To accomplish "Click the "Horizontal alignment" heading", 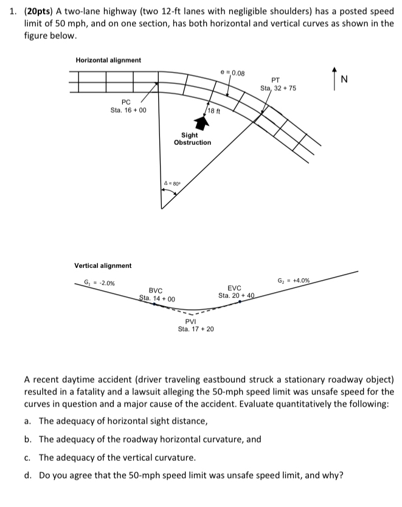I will point(108,60).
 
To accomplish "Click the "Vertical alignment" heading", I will point(102,266).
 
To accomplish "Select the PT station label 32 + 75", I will point(278,89).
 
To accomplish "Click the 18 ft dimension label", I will point(214,111).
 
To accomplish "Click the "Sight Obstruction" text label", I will point(192,139).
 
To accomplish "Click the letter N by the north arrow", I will point(344,79).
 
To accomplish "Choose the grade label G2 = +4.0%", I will point(294,281).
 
